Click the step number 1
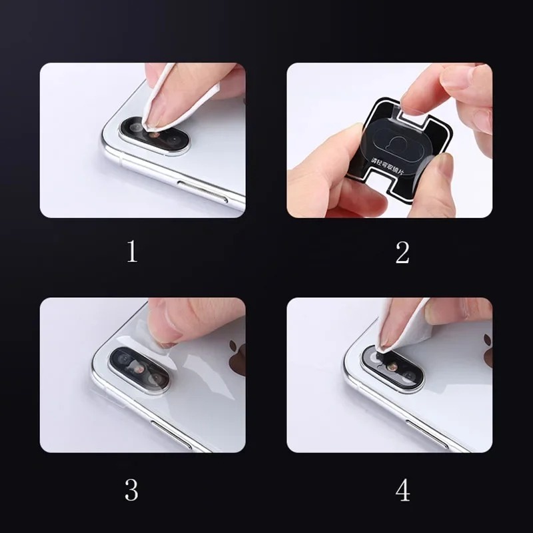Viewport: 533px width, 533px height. pos(132,253)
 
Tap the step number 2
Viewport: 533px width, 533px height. pos(402,253)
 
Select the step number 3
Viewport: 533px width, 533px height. pos(132,490)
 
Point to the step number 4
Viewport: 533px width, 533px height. pos(402,490)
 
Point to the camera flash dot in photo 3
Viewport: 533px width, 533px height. pos(138,367)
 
